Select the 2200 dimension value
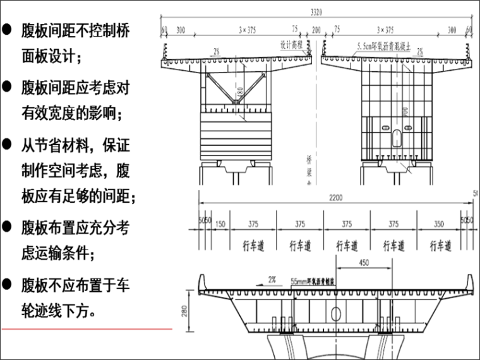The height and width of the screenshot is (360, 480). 335,198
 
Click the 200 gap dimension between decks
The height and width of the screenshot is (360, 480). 316,29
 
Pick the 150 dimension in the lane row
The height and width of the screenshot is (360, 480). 220,224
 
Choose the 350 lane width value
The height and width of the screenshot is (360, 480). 440,224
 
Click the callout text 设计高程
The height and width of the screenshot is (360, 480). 291,45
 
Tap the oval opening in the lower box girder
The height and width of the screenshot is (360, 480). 335,314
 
